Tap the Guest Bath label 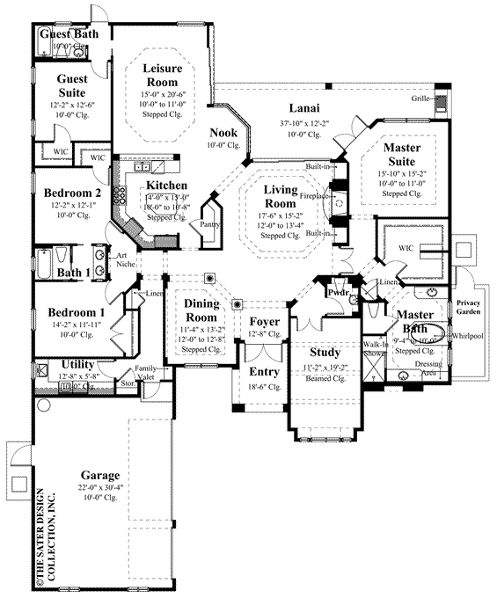click(69, 34)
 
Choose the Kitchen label click(164, 186)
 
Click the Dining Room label click(201, 310)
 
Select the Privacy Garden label click(468, 309)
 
